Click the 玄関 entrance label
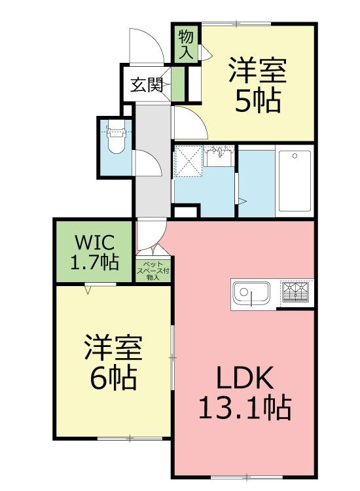147,85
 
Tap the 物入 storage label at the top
187,44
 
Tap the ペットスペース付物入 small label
153,270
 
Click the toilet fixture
116,138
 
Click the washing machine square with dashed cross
189,161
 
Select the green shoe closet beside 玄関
177,84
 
